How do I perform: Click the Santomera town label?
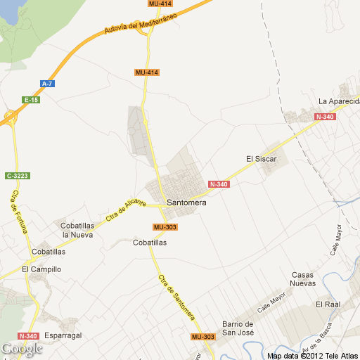(x=186, y=202)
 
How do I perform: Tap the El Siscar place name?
(x=262, y=159)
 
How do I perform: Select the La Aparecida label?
(x=338, y=101)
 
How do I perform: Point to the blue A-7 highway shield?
(x=47, y=84)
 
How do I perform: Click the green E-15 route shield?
(x=31, y=100)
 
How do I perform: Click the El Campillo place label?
(x=41, y=269)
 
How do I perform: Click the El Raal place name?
(x=328, y=304)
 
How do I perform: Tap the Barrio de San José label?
(x=237, y=328)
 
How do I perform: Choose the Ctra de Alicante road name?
(x=126, y=210)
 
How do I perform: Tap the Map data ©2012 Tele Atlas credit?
(x=312, y=355)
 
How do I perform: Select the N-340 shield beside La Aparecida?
(x=326, y=117)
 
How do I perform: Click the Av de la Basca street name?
(x=314, y=340)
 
